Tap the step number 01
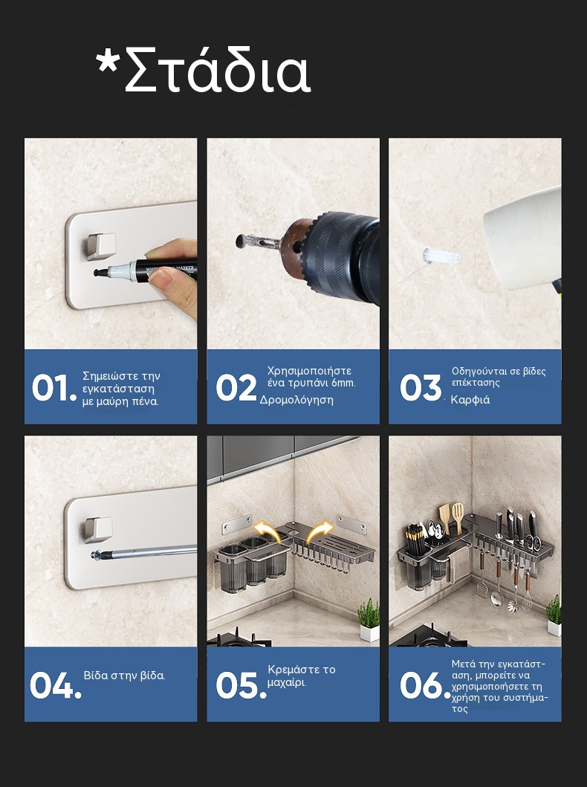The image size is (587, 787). pyautogui.click(x=54, y=388)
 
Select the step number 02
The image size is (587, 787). pyautogui.click(x=236, y=388)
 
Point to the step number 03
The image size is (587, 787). pyautogui.click(x=421, y=388)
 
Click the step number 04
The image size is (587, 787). pyautogui.click(x=55, y=686)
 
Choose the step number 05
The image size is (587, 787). pyautogui.click(x=241, y=686)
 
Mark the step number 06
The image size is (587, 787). pyautogui.click(x=426, y=686)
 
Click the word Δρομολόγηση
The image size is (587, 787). pyautogui.click(x=296, y=400)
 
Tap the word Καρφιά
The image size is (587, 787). pyautogui.click(x=470, y=400)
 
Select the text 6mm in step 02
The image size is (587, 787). pyautogui.click(x=343, y=383)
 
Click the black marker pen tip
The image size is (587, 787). pyautogui.click(x=98, y=273)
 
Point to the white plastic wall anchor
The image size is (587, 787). pyautogui.click(x=441, y=256)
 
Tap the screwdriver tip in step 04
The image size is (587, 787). pyautogui.click(x=95, y=554)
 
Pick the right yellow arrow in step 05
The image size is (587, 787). pyautogui.click(x=320, y=531)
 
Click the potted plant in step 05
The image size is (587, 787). pyautogui.click(x=369, y=620)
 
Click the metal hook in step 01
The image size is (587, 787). pyautogui.click(x=100, y=247)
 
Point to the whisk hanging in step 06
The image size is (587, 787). pyautogui.click(x=528, y=592)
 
